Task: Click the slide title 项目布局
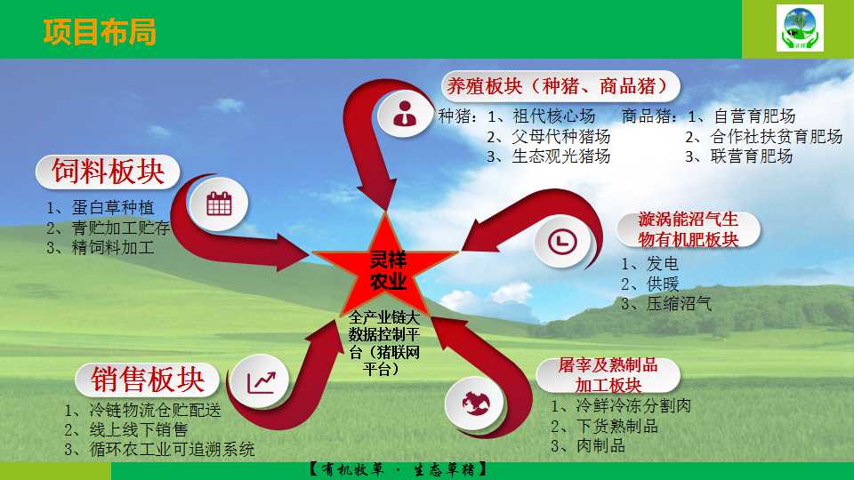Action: [x=100, y=31]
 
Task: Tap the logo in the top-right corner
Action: [x=800, y=28]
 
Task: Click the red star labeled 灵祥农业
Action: [x=385, y=268]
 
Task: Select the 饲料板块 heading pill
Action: [x=108, y=172]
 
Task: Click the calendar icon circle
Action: [x=219, y=204]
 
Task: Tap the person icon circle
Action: [x=405, y=113]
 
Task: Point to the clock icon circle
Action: [x=562, y=241]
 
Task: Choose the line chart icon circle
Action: [x=261, y=381]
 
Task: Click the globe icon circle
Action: [x=475, y=404]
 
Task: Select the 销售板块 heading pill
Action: [x=148, y=380]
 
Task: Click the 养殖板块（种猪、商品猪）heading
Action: [x=560, y=86]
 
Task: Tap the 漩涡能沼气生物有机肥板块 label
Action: [x=689, y=229]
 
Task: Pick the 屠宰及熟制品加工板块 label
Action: [x=608, y=375]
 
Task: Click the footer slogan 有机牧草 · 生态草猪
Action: [x=398, y=469]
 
